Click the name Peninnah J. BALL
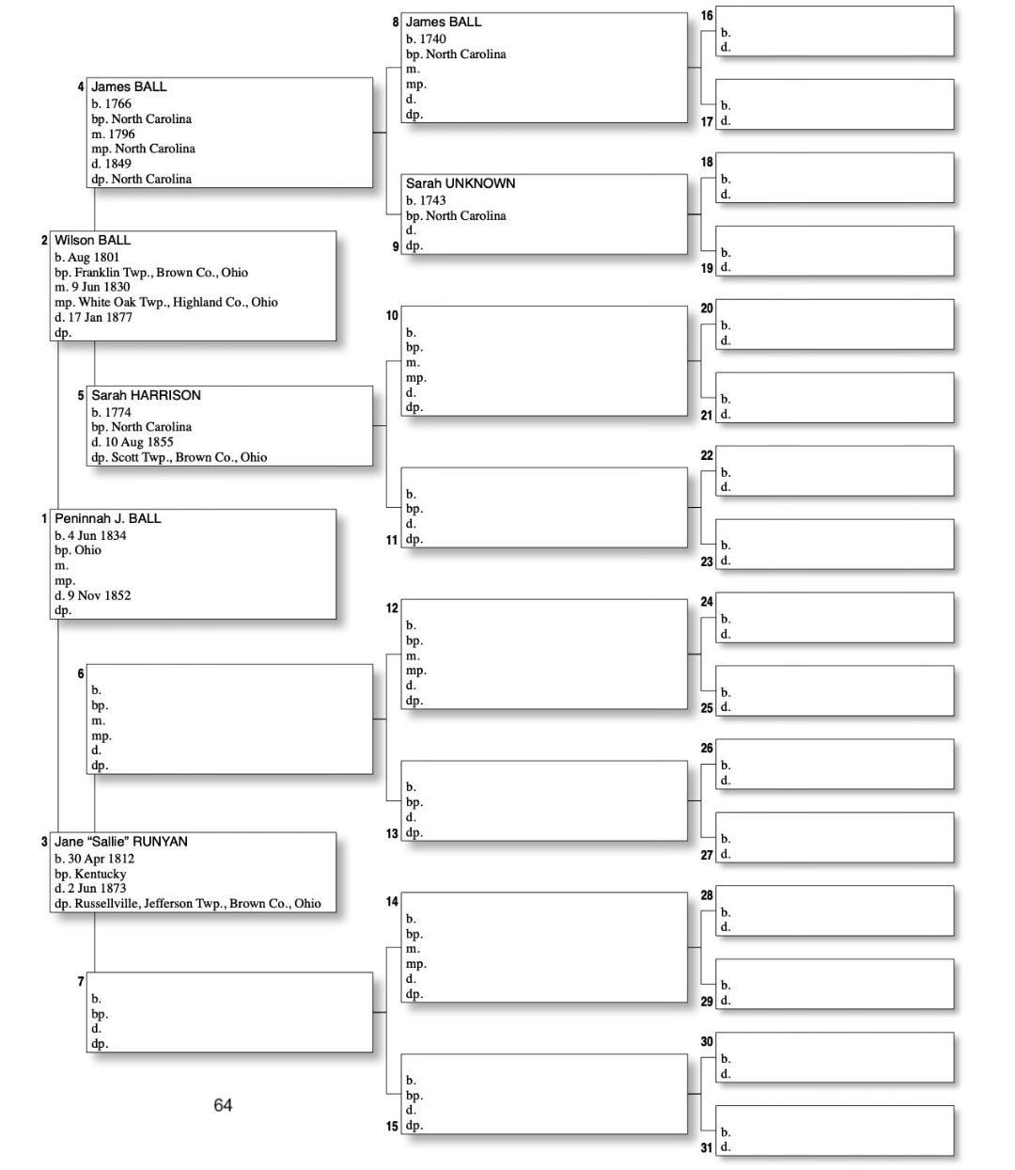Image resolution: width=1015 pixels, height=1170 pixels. [x=107, y=518]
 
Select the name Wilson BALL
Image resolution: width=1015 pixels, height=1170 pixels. [x=92, y=240]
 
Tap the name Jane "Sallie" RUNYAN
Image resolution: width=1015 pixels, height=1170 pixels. [x=120, y=842]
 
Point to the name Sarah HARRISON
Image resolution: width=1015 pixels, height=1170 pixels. [x=146, y=395]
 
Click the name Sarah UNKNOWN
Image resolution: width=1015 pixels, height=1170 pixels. [x=461, y=183]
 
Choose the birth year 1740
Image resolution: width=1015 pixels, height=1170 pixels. [x=432, y=39]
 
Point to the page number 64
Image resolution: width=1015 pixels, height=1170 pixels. [x=223, y=1105]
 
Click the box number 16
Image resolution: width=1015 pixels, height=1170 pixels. [x=707, y=15]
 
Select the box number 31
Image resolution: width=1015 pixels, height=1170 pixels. [x=707, y=1147]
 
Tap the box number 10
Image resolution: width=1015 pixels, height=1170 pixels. [x=392, y=315]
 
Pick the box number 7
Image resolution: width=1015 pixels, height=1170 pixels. [x=81, y=982]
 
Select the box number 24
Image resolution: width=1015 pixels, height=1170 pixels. [x=707, y=602]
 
